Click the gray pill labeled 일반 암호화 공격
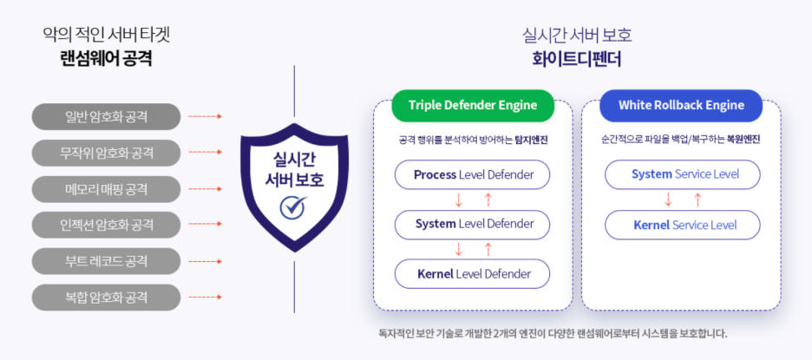pos(106,116)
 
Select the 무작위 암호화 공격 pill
pos(106,153)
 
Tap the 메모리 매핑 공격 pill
pos(106,189)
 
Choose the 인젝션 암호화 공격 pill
pos(106,225)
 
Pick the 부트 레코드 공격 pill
pos(106,261)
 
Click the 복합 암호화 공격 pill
pos(106,298)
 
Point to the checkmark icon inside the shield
pos(293,207)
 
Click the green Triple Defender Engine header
pos(473,106)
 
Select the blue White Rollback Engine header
pos(681,106)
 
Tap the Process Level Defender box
pos(472,174)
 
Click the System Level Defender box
pos(472,225)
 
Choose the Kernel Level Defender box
pos(472,274)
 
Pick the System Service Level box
pos(683,174)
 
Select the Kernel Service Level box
pos(683,225)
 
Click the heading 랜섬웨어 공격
pos(106,58)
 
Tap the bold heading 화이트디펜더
pos(577,59)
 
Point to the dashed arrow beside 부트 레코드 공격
pos(205,261)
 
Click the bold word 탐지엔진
pos(531,140)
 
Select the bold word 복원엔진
pos(743,140)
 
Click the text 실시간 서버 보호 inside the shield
pos(294,169)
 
